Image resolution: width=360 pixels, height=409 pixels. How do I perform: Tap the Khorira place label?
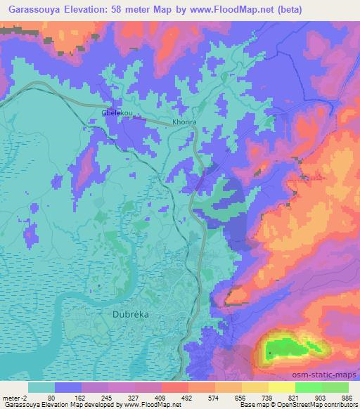[x=185, y=122]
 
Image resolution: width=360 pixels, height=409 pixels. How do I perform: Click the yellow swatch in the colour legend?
[x=282, y=387]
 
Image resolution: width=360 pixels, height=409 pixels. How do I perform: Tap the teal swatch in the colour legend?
[x=41, y=387]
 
